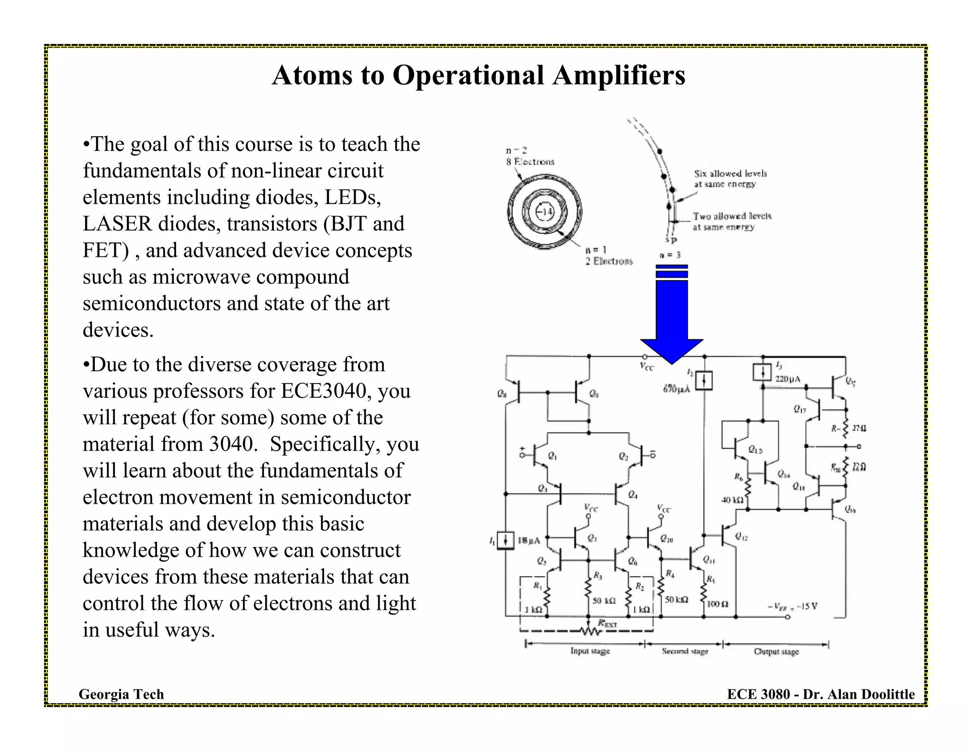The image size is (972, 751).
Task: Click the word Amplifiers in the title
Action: [x=618, y=75]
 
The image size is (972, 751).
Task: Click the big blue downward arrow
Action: [x=672, y=323]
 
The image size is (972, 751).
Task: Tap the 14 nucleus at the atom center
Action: [x=545, y=212]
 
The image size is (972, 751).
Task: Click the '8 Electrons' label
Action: [x=530, y=162]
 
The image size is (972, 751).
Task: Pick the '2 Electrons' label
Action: [x=608, y=261]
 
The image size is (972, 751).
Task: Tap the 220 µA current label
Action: [x=787, y=379]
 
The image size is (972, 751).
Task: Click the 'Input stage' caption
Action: [x=590, y=651]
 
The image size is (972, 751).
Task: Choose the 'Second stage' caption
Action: [x=685, y=651]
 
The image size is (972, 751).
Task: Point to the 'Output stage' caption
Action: [x=776, y=652]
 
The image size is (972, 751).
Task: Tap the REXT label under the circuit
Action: [x=607, y=624]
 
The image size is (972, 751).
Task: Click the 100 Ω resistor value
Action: [x=718, y=604]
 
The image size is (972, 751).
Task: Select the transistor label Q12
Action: [x=741, y=536]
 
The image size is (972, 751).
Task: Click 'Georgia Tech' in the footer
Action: [x=121, y=694]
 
